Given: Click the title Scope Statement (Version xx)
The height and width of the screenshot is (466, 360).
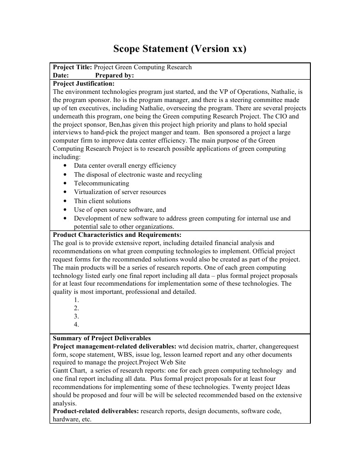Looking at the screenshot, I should pyautogui.click(x=180, y=49).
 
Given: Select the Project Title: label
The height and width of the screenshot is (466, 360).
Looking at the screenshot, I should pyautogui.click(x=72, y=67).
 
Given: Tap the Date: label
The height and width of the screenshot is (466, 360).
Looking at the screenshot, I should pyautogui.click(x=61, y=76).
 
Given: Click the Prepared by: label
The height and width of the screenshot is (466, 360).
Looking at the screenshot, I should pyautogui.click(x=114, y=76).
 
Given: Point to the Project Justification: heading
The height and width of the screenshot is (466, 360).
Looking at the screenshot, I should pyautogui.click(x=84, y=84).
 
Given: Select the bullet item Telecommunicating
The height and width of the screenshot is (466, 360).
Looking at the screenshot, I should pyautogui.click(x=101, y=184).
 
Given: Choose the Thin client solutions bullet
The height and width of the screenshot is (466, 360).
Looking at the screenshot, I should pyautogui.click(x=102, y=201).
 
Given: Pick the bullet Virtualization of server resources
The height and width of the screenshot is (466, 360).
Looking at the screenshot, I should pyautogui.click(x=120, y=192).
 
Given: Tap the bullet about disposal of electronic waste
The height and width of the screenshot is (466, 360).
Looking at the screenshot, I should pyautogui.click(x=138, y=175).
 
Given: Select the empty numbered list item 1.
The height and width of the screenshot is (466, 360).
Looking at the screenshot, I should pyautogui.click(x=76, y=300).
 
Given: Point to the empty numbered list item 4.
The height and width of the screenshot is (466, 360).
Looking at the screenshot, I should pyautogui.click(x=76, y=325).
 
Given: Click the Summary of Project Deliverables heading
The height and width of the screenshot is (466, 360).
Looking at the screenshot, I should pyautogui.click(x=101, y=338).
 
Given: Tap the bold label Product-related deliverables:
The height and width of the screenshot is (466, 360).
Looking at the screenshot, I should pyautogui.click(x=96, y=411).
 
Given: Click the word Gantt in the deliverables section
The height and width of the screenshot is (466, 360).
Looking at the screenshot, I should pyautogui.click(x=61, y=371).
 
